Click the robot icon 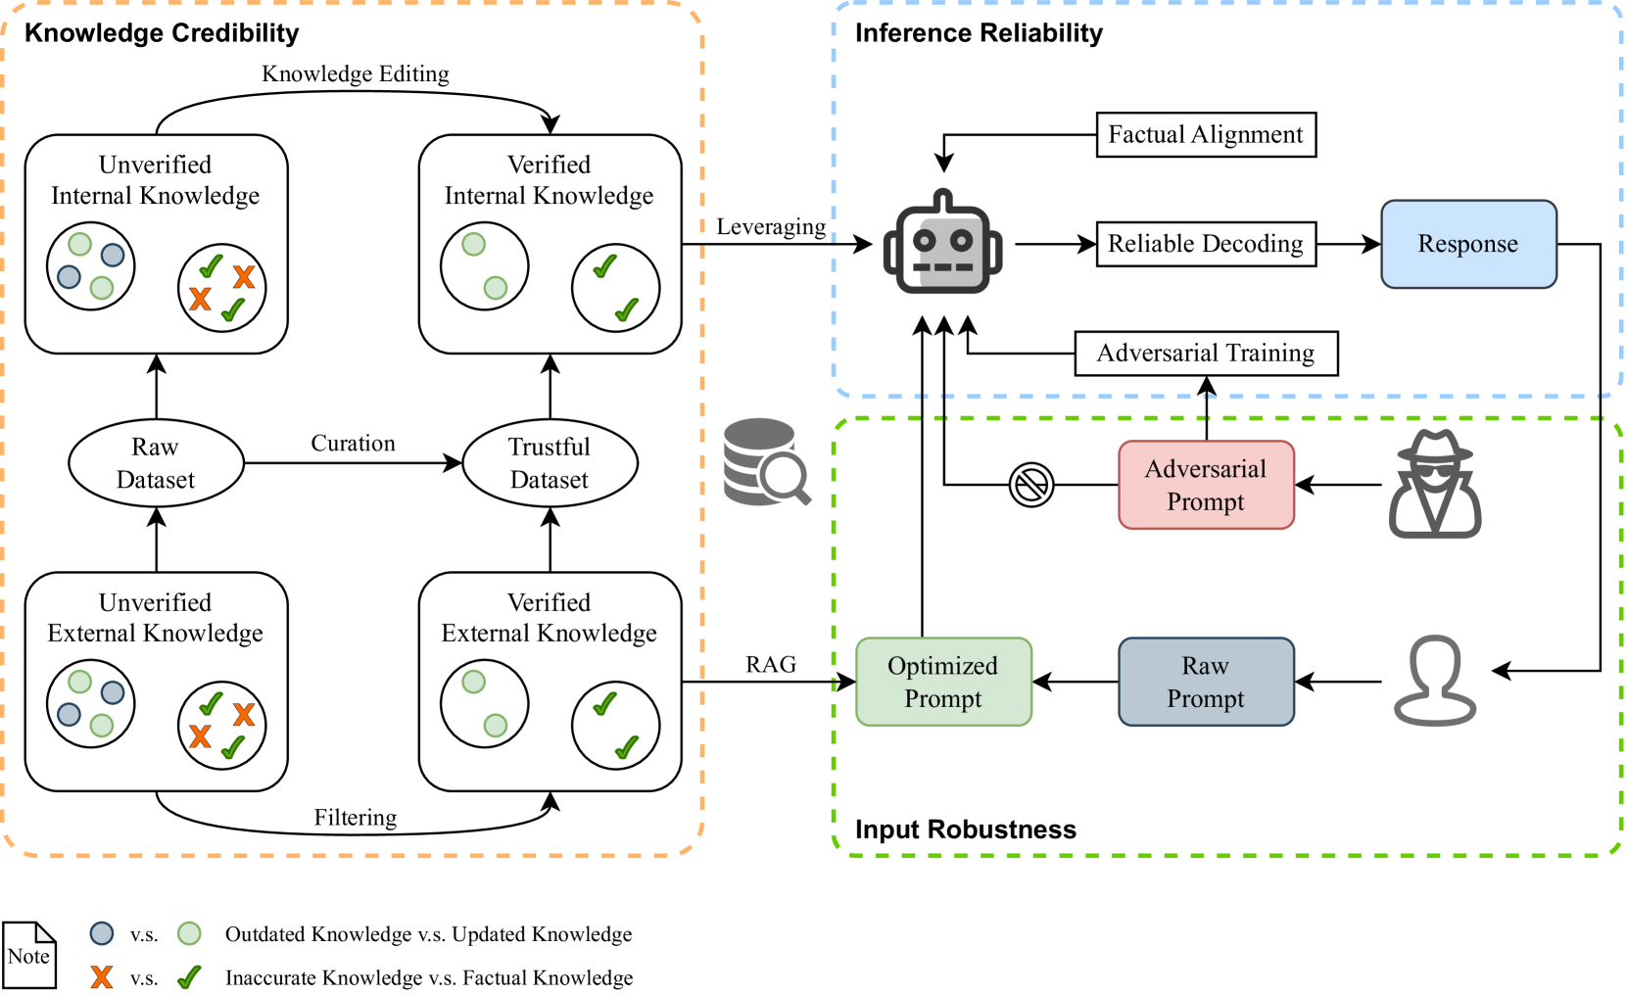click(x=942, y=245)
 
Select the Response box click(x=1467, y=244)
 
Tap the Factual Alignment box click(x=1205, y=135)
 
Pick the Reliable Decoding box click(x=1205, y=244)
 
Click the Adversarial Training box click(x=1205, y=354)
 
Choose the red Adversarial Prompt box click(x=1205, y=485)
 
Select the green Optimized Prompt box click(x=942, y=682)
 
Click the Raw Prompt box click(x=1205, y=682)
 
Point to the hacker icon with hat click(x=1434, y=484)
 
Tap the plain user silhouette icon click(x=1434, y=681)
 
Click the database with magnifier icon click(x=765, y=462)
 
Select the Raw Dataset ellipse click(x=156, y=463)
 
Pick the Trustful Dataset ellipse click(x=550, y=463)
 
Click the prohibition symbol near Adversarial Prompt click(x=1030, y=484)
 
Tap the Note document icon click(x=29, y=955)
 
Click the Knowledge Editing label click(x=355, y=74)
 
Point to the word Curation click(x=353, y=444)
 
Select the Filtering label click(x=355, y=818)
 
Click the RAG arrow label click(x=770, y=665)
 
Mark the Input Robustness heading click(x=965, y=829)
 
